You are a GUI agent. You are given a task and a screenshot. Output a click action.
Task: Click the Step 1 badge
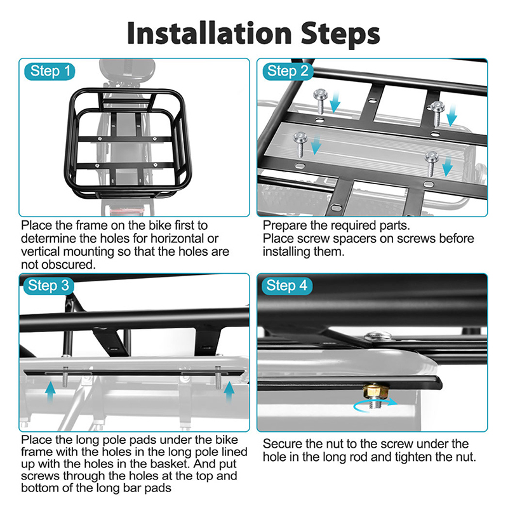click(x=51, y=71)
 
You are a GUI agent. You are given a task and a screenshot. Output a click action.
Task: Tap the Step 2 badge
click(x=288, y=71)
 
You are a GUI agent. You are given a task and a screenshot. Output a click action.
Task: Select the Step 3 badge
click(x=48, y=286)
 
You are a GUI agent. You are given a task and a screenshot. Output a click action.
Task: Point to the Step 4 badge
click(x=287, y=286)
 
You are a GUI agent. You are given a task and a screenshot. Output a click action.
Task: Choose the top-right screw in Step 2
click(x=438, y=108)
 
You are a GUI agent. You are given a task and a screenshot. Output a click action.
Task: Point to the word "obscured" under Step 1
click(x=72, y=264)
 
